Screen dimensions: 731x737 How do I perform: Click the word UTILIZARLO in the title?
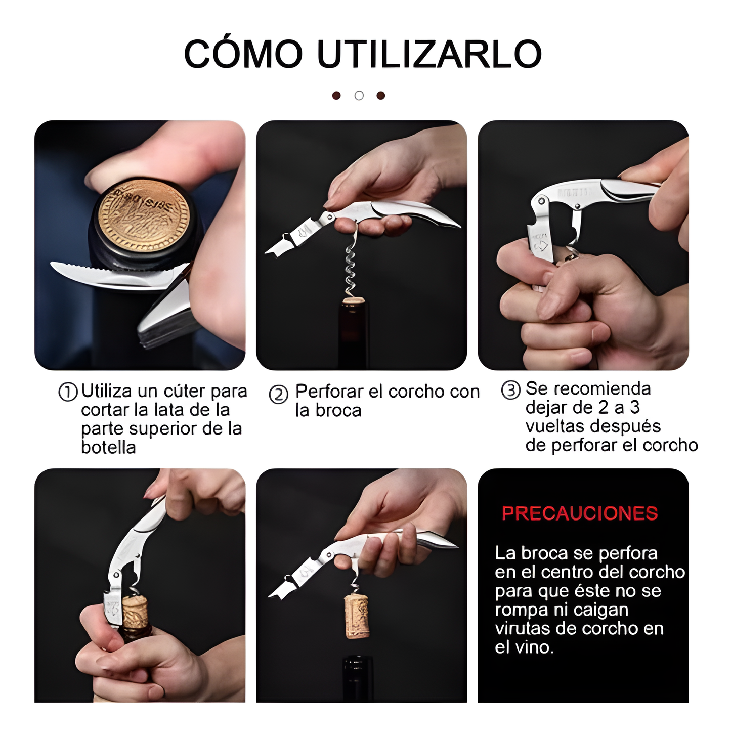coord(429,54)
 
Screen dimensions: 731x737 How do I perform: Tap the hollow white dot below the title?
coord(359,95)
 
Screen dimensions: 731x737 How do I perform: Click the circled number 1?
coord(68,392)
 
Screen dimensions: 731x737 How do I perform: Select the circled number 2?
coord(278,395)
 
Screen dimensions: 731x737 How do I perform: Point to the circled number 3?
coord(510,390)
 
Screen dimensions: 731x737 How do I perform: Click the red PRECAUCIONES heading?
coord(580,513)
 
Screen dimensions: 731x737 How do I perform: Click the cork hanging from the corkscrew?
coord(357,616)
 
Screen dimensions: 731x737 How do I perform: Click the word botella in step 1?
coord(108,448)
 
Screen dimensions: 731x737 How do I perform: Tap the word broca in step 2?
coord(338,411)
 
